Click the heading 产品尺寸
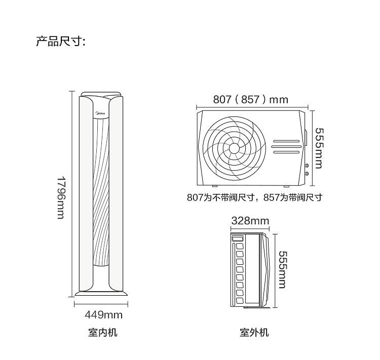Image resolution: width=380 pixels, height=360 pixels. tap(60, 41)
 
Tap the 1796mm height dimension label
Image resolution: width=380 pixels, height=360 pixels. tap(61, 197)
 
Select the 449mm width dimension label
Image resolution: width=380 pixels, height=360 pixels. tap(104, 315)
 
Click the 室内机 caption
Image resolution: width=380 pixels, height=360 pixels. tap(103, 332)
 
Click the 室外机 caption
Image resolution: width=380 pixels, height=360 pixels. tap(254, 332)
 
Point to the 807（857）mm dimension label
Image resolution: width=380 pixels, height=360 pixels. tap(251, 100)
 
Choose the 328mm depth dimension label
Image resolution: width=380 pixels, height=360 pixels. tap(250, 221)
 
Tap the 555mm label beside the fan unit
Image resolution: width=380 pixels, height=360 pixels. tap(319, 148)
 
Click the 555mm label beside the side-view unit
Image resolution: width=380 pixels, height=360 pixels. tap(282, 270)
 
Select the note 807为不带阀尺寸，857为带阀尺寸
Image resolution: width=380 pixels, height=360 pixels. tap(254, 197)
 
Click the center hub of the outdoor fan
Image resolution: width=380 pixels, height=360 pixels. tap(234, 148)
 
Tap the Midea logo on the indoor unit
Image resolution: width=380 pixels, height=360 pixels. tap(101, 113)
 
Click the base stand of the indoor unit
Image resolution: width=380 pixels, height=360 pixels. tap(101, 294)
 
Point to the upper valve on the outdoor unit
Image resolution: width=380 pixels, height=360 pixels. tap(307, 166)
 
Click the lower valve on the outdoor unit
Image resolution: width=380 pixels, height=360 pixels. tap(307, 174)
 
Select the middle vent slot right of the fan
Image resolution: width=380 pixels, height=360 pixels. tap(286, 146)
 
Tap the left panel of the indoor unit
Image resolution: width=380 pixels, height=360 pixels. tap(86, 194)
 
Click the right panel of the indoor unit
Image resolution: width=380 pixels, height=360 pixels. tap(116, 194)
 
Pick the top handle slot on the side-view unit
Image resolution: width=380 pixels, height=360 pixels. tap(238, 238)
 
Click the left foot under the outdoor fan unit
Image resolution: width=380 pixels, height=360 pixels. tap(214, 186)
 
